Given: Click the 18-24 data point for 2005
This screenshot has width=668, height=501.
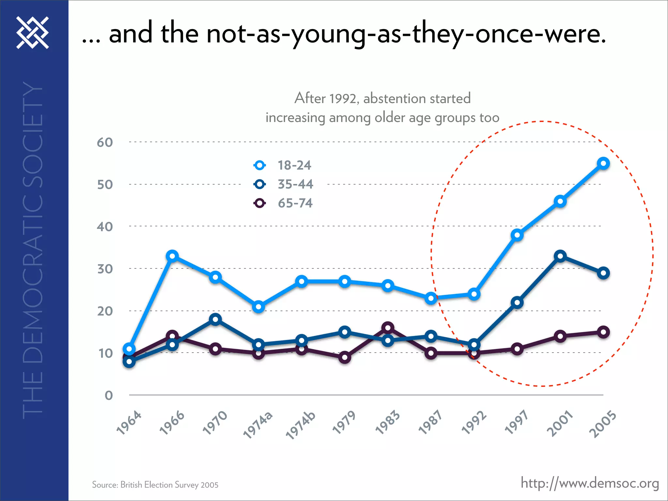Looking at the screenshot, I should [x=603, y=163].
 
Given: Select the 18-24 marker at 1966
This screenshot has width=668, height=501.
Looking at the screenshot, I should [x=172, y=256].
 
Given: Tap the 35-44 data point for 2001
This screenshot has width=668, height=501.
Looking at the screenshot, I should [x=560, y=256].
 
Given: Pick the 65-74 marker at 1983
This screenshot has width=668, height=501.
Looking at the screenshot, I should [x=388, y=327].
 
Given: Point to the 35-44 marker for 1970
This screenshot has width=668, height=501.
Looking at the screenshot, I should [x=215, y=319].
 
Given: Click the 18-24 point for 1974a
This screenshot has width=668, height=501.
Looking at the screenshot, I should [x=258, y=307].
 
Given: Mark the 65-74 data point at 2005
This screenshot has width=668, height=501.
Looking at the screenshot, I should [x=603, y=332].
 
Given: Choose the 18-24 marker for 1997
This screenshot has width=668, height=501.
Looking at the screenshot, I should [x=517, y=235].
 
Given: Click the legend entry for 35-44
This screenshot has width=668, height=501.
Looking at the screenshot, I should [x=295, y=184].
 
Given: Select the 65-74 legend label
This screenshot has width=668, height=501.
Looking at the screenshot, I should [x=295, y=203].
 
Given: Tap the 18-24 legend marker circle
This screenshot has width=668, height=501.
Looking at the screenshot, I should [x=260, y=165].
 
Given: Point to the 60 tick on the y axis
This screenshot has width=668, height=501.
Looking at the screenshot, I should [x=105, y=143].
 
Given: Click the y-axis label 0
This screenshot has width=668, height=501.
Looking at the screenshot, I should [x=109, y=396].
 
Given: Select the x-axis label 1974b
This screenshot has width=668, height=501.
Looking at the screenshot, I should [x=301, y=425].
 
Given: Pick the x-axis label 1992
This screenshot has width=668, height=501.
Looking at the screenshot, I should [x=474, y=423].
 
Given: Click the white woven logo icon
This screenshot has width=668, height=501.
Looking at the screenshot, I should [x=33, y=33].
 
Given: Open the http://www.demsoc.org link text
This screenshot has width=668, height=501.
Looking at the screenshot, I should [x=590, y=483].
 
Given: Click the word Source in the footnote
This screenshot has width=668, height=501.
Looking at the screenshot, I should [x=105, y=485].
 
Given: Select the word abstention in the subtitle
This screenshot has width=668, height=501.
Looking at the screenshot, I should [x=395, y=98].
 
